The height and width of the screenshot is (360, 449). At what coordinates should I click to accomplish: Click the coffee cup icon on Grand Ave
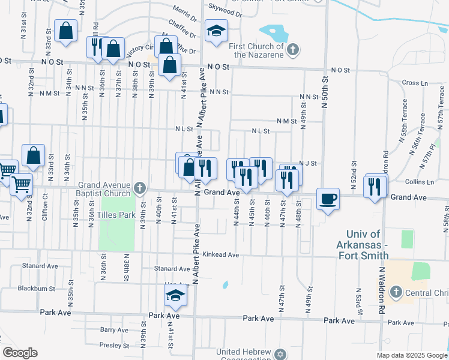click(x=328, y=198)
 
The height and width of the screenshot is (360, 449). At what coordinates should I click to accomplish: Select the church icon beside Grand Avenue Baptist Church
click(x=139, y=188)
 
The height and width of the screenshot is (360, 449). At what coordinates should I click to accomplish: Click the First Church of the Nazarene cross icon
click(x=292, y=49)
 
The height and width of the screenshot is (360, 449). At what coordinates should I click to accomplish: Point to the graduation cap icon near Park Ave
click(x=175, y=295)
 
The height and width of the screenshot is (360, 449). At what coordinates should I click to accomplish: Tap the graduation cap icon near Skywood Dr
click(x=216, y=32)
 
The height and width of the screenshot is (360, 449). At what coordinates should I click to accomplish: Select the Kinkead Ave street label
click(x=220, y=255)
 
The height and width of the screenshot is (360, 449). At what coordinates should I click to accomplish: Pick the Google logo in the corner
click(x=19, y=353)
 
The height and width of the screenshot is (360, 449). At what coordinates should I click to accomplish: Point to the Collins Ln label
click(x=419, y=182)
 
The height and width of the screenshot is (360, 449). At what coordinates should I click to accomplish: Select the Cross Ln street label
click(x=414, y=83)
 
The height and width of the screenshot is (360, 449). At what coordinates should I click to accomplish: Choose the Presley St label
click(x=114, y=345)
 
